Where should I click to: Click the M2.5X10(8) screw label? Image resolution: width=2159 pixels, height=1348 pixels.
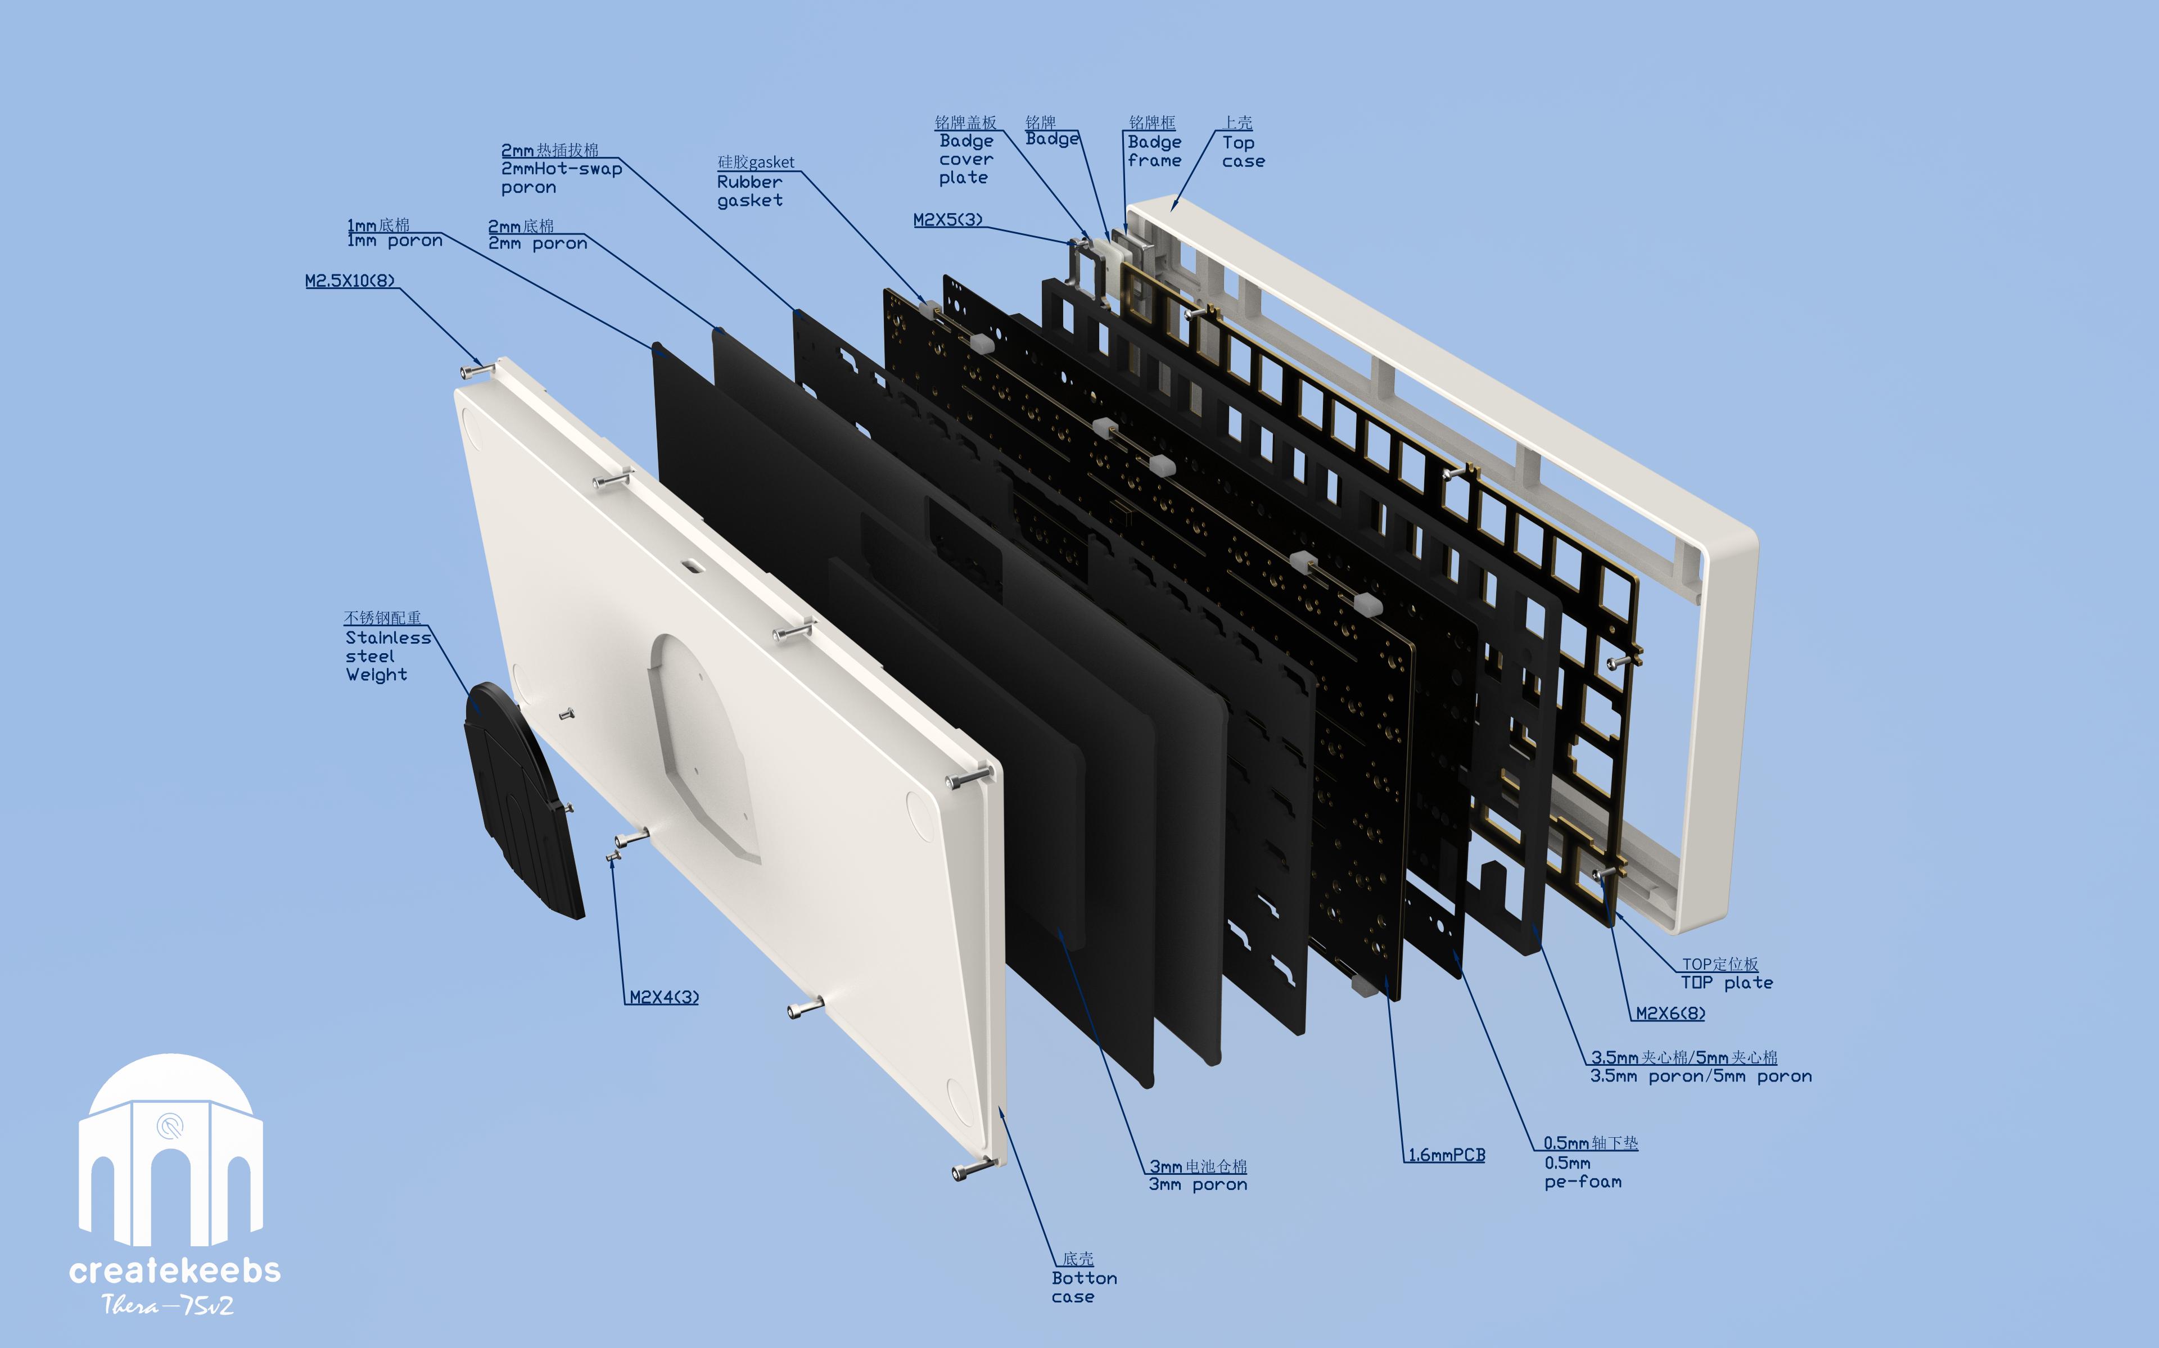(x=350, y=281)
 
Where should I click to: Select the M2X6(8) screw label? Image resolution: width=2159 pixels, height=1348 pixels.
(x=1670, y=1013)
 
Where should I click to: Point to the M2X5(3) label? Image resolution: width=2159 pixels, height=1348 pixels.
(x=947, y=219)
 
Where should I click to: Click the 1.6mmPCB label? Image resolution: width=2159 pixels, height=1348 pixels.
(x=1447, y=1155)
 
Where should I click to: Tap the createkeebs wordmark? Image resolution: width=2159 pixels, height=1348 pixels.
(x=175, y=1269)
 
